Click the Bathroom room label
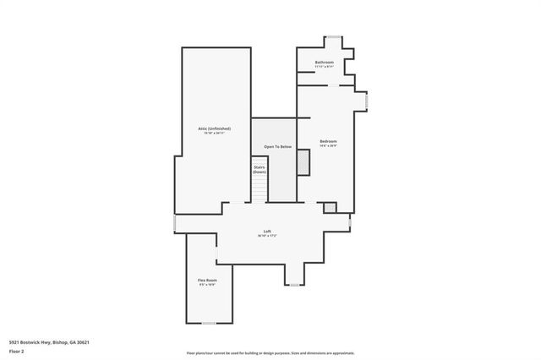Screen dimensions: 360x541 click(x=325, y=63)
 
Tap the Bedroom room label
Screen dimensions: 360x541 click(x=329, y=140)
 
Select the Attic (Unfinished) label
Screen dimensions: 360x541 click(x=214, y=128)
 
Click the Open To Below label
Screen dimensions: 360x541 click(x=277, y=147)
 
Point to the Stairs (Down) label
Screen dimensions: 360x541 click(x=260, y=169)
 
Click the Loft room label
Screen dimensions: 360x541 click(x=267, y=232)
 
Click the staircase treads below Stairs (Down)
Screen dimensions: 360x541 click(x=260, y=191)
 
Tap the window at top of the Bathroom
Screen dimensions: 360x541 click(x=334, y=36)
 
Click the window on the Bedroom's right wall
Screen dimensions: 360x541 click(x=365, y=101)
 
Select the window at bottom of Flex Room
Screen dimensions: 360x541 click(x=208, y=323)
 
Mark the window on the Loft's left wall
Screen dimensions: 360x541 click(x=174, y=222)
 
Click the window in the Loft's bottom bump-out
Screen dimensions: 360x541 click(x=294, y=285)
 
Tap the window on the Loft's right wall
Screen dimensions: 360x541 click(x=350, y=222)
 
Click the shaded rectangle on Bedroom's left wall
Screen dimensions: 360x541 click(x=303, y=162)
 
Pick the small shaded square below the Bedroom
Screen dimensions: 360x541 click(x=330, y=207)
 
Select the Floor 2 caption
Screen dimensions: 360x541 click(x=16, y=350)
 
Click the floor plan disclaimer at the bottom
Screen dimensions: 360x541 click(x=270, y=352)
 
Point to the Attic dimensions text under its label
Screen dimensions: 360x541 click(x=214, y=133)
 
